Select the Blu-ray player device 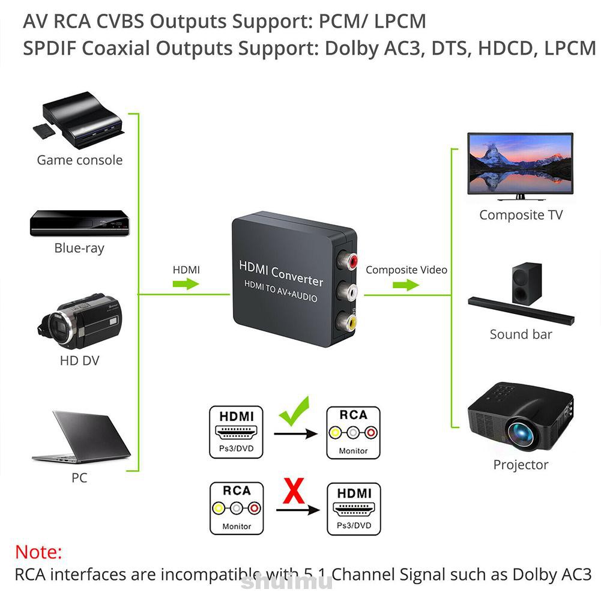tap(79, 223)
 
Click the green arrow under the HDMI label tap(186, 284)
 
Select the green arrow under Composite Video tap(406, 285)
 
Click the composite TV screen tap(520, 162)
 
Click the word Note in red tap(38, 552)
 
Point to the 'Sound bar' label tap(521, 334)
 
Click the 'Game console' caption tap(79, 160)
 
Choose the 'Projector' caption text tap(521, 464)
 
